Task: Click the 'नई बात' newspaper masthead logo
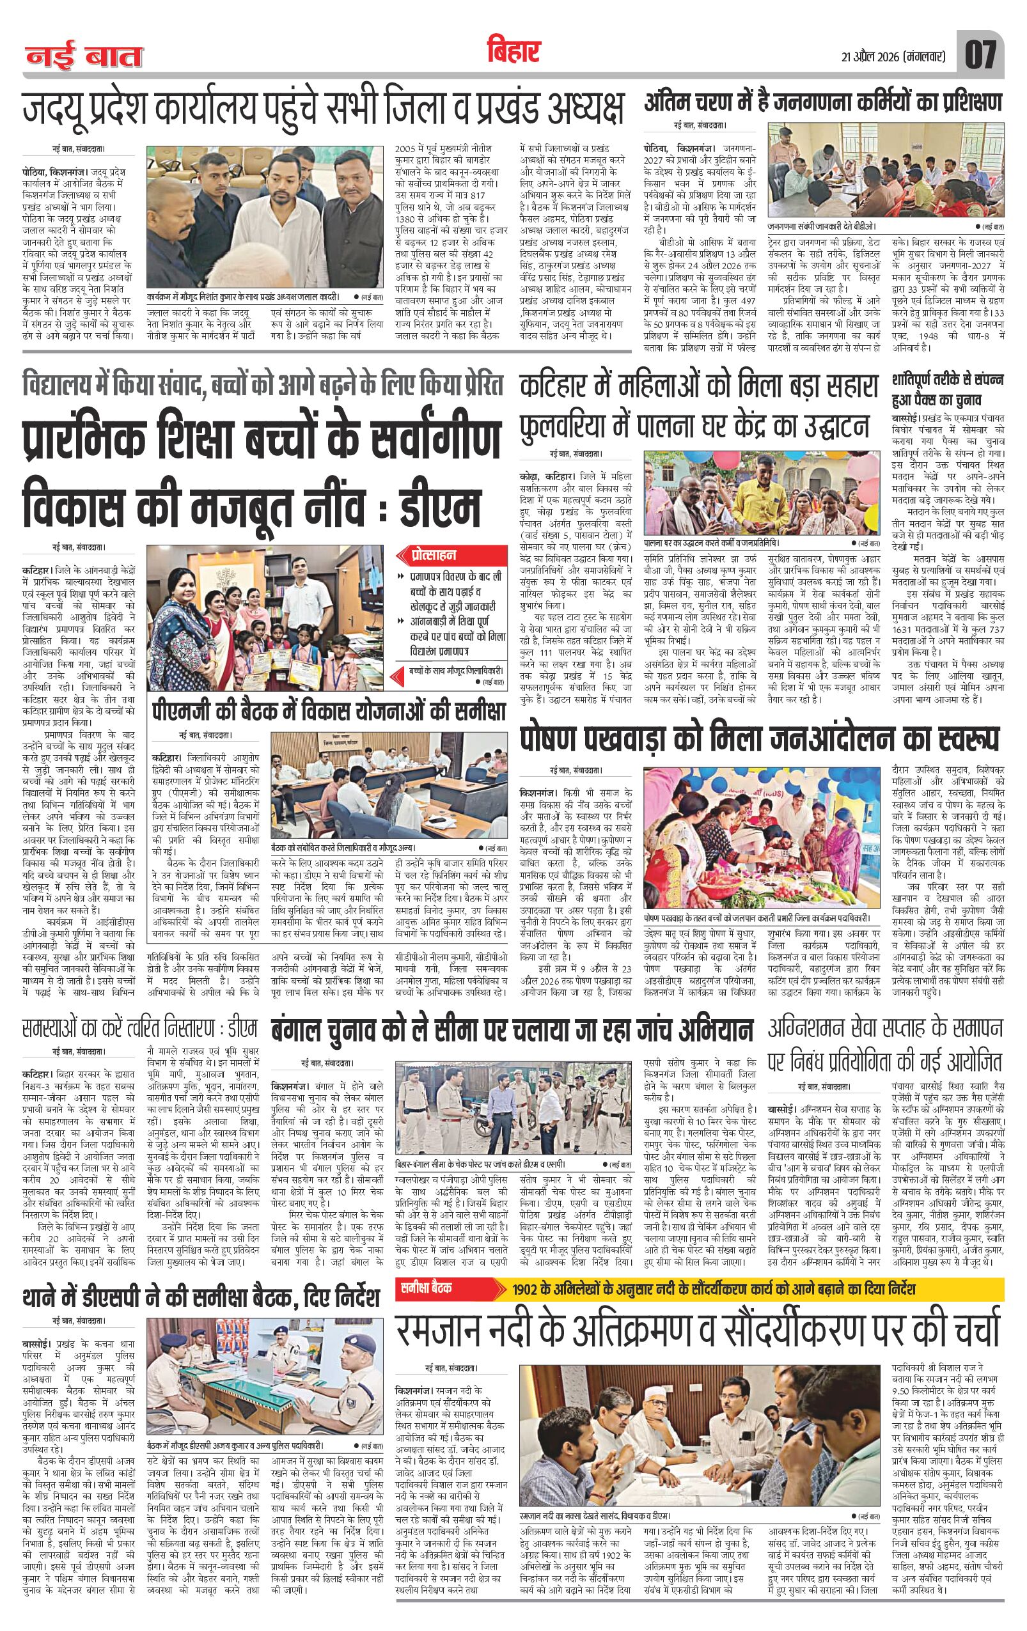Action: (x=84, y=56)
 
